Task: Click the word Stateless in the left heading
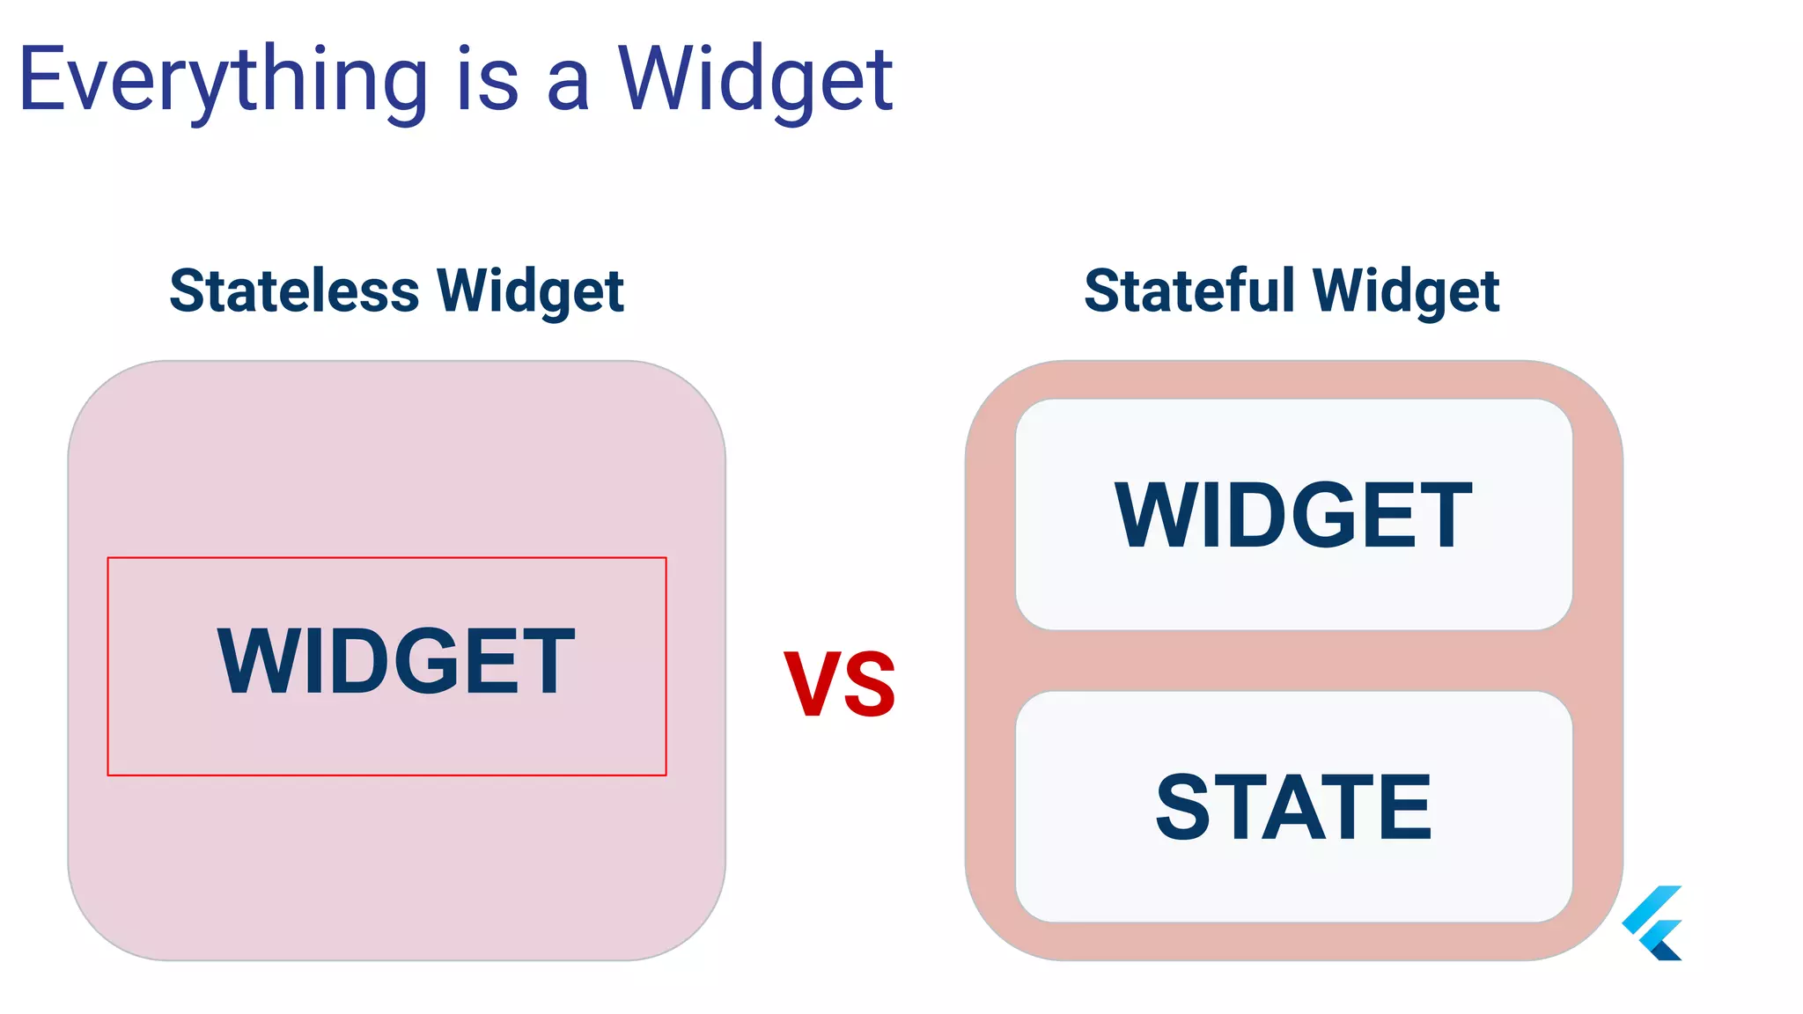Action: pos(294,290)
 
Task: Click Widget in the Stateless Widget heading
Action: pos(530,292)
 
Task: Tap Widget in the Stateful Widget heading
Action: pos(1406,292)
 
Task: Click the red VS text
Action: pos(839,684)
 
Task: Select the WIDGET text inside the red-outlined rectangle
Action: pos(395,661)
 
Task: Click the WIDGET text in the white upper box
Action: pos(1293,516)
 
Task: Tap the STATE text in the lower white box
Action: pos(1293,806)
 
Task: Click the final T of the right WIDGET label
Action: pos(1444,516)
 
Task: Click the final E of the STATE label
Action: pos(1404,806)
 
